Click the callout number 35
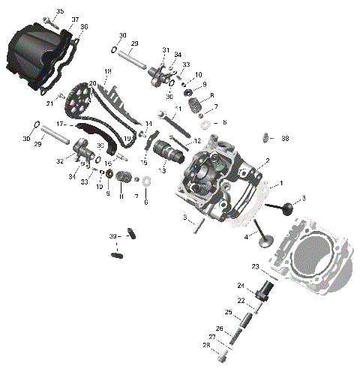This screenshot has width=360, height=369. tap(60, 11)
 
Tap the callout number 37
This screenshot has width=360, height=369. tap(75, 19)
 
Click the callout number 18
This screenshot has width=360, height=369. tap(107, 71)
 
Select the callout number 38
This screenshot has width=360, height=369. tap(285, 139)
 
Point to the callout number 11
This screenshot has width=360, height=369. tap(178, 109)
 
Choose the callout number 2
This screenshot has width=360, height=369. tap(266, 161)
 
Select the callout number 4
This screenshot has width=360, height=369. tap(246, 237)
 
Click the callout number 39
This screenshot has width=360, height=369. tap(112, 236)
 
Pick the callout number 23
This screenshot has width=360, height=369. tap(255, 267)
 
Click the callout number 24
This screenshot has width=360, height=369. tap(241, 286)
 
